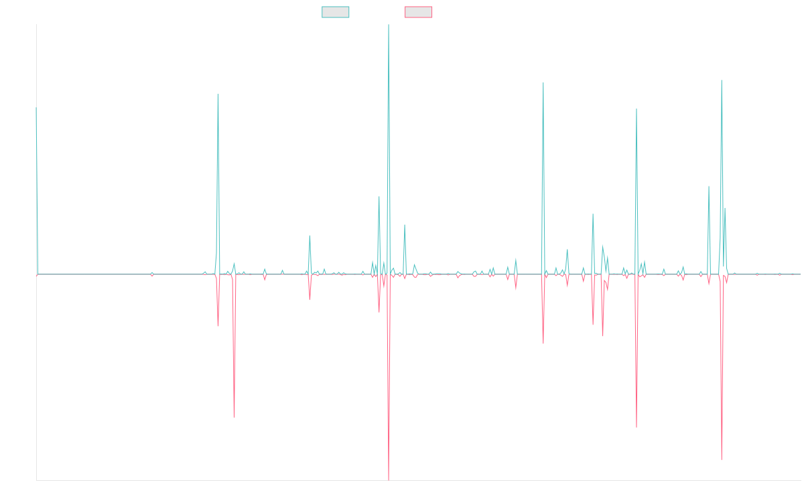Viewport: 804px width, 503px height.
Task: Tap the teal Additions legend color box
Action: click(x=336, y=12)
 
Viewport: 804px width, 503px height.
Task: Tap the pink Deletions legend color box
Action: click(x=419, y=12)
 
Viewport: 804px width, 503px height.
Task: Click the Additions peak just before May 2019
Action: click(x=218, y=94)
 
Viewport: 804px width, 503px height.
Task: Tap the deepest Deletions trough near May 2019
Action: click(x=234, y=417)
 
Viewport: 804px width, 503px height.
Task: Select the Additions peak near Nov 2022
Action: click(x=543, y=82)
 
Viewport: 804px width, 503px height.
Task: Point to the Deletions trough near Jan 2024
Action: click(x=636, y=427)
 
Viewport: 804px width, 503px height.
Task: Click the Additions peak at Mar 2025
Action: click(x=721, y=80)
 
